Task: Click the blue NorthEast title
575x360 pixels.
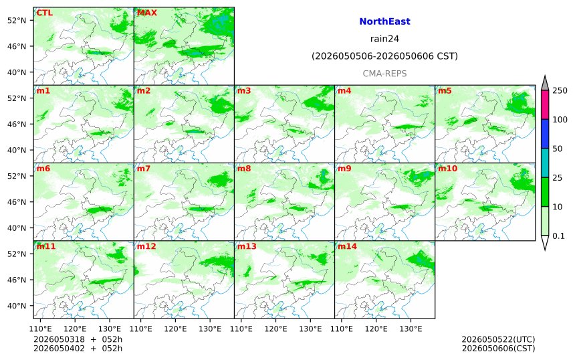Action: pos(384,21)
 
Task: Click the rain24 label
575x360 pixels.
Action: pos(384,39)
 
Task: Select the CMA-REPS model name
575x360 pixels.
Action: pos(384,74)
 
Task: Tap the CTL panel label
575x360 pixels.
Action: pos(44,13)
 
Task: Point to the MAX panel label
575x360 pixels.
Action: pos(146,13)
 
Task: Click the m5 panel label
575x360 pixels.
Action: pos(445,90)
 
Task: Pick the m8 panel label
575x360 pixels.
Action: pos(244,169)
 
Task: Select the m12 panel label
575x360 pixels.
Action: pos(146,246)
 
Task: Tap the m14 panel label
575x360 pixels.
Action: pos(347,246)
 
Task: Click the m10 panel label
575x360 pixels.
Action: pos(447,169)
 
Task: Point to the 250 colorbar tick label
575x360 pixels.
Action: pos(560,90)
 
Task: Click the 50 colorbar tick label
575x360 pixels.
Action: pos(558,149)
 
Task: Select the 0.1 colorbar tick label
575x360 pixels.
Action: pos(558,236)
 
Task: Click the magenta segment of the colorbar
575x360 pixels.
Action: pos(545,104)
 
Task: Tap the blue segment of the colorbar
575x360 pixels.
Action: pos(545,134)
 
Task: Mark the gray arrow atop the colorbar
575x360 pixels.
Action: pos(545,84)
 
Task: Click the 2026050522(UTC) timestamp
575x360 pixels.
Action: pos(498,339)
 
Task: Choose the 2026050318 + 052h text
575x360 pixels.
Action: pos(78,339)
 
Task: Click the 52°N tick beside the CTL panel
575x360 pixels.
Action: pos(17,20)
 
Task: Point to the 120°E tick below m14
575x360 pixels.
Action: pos(376,329)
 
